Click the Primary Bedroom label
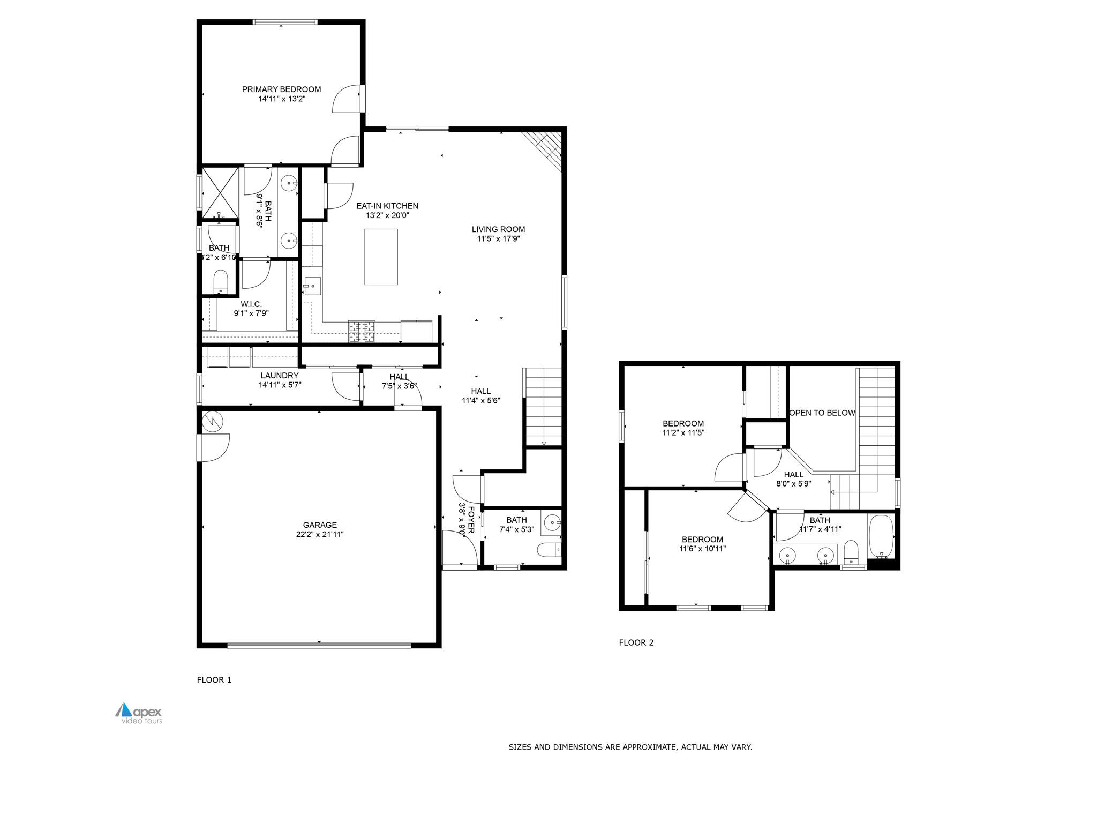click(281, 89)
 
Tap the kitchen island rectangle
click(381, 257)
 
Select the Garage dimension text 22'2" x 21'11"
click(320, 534)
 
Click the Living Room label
click(498, 229)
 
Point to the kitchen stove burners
click(362, 331)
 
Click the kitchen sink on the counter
click(312, 286)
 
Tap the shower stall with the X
click(220, 192)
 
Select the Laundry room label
click(279, 376)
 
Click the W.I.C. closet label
click(251, 304)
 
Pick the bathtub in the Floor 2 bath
click(881, 536)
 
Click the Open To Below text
click(822, 413)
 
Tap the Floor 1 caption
click(214, 680)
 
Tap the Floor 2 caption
click(636, 642)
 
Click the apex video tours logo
click(139, 713)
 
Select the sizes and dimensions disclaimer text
click(630, 747)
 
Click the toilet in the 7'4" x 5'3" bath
click(547, 550)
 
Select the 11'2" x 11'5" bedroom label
click(683, 423)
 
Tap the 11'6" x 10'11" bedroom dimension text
click(702, 549)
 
